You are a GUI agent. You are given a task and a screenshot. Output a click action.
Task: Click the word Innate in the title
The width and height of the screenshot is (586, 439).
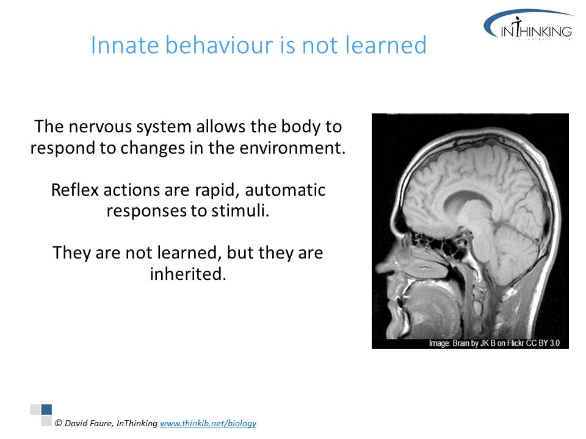[125, 45]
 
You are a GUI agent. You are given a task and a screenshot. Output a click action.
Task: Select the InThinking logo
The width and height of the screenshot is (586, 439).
[529, 24]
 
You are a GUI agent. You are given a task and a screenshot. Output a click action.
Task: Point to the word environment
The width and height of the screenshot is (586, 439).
[292, 148]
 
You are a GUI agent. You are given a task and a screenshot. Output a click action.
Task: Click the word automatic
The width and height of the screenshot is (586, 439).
[285, 190]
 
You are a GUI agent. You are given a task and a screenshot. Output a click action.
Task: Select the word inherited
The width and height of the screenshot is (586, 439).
[188, 274]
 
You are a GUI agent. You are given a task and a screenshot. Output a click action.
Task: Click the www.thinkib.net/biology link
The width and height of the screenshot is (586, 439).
[208, 423]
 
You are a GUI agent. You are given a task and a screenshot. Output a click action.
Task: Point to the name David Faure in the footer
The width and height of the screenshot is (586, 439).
[88, 423]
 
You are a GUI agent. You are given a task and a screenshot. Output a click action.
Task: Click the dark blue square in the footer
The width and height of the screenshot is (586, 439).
[46, 409]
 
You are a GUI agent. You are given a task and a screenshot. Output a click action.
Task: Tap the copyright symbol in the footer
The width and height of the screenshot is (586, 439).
[59, 423]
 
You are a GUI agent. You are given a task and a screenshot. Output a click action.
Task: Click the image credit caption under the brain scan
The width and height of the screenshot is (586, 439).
[494, 343]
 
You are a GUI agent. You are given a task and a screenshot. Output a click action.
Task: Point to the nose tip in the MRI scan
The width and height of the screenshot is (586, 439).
[378, 267]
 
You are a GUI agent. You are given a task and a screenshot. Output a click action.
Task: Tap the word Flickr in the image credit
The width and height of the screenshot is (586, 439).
[516, 343]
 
